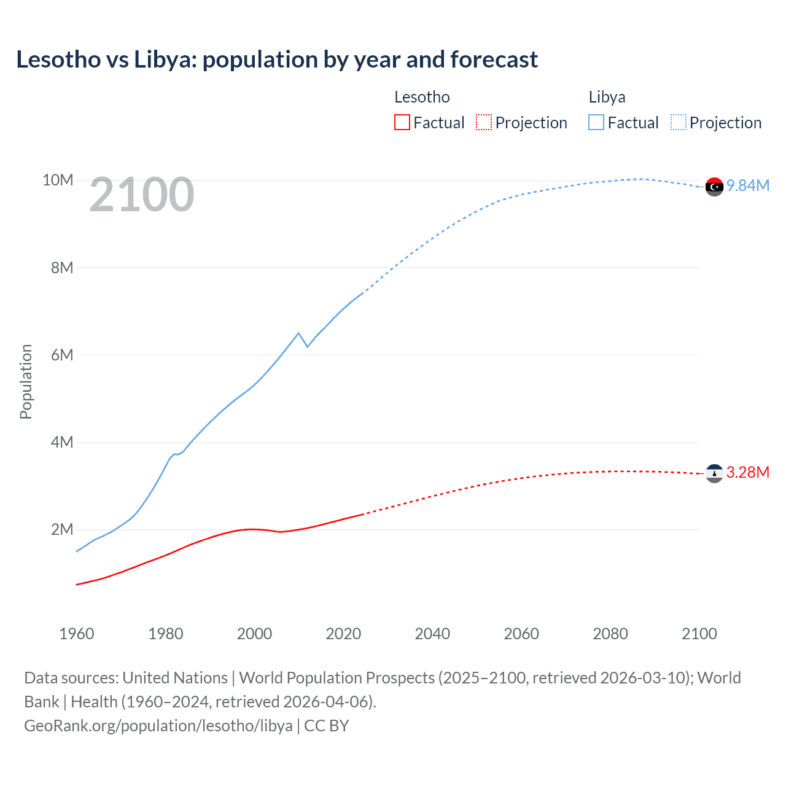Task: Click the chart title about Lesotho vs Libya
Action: tap(277, 60)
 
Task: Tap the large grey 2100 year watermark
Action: tap(142, 195)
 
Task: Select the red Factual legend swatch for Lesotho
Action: tap(402, 123)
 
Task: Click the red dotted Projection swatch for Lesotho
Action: tap(484, 123)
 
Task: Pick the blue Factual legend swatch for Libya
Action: tap(596, 123)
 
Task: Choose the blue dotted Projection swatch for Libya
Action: tap(679, 123)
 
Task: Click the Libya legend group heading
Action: tap(607, 97)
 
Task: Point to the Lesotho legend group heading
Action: tap(422, 97)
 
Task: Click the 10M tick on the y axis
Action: tap(58, 180)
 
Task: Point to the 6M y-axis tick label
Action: tap(62, 355)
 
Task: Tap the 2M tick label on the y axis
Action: tap(62, 529)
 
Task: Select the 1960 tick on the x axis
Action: tap(77, 634)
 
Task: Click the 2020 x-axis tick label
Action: tap(343, 634)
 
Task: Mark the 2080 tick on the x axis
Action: tap(610, 634)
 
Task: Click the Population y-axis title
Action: tap(26, 381)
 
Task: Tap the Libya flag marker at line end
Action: tap(714, 187)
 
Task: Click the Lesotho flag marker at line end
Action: tap(714, 473)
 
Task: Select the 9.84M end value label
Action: tap(748, 185)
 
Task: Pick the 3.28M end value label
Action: tap(748, 472)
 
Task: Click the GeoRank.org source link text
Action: tap(158, 726)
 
